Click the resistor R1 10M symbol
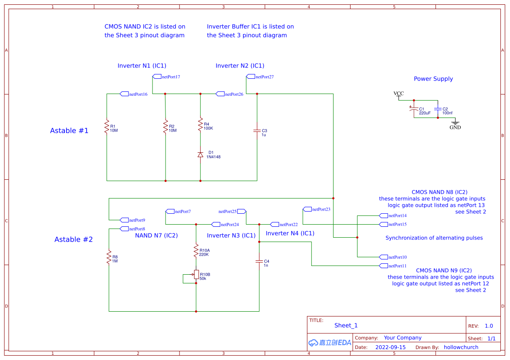107,127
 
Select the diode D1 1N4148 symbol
200,155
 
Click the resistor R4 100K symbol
200,124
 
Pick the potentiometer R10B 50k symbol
196,275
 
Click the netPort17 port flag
157,77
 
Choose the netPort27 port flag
250,77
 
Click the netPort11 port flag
383,266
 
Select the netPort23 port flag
307,209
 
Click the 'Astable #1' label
69,131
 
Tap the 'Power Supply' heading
433,79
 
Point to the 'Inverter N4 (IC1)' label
290,233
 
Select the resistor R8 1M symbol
109,257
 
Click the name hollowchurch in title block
461,347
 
